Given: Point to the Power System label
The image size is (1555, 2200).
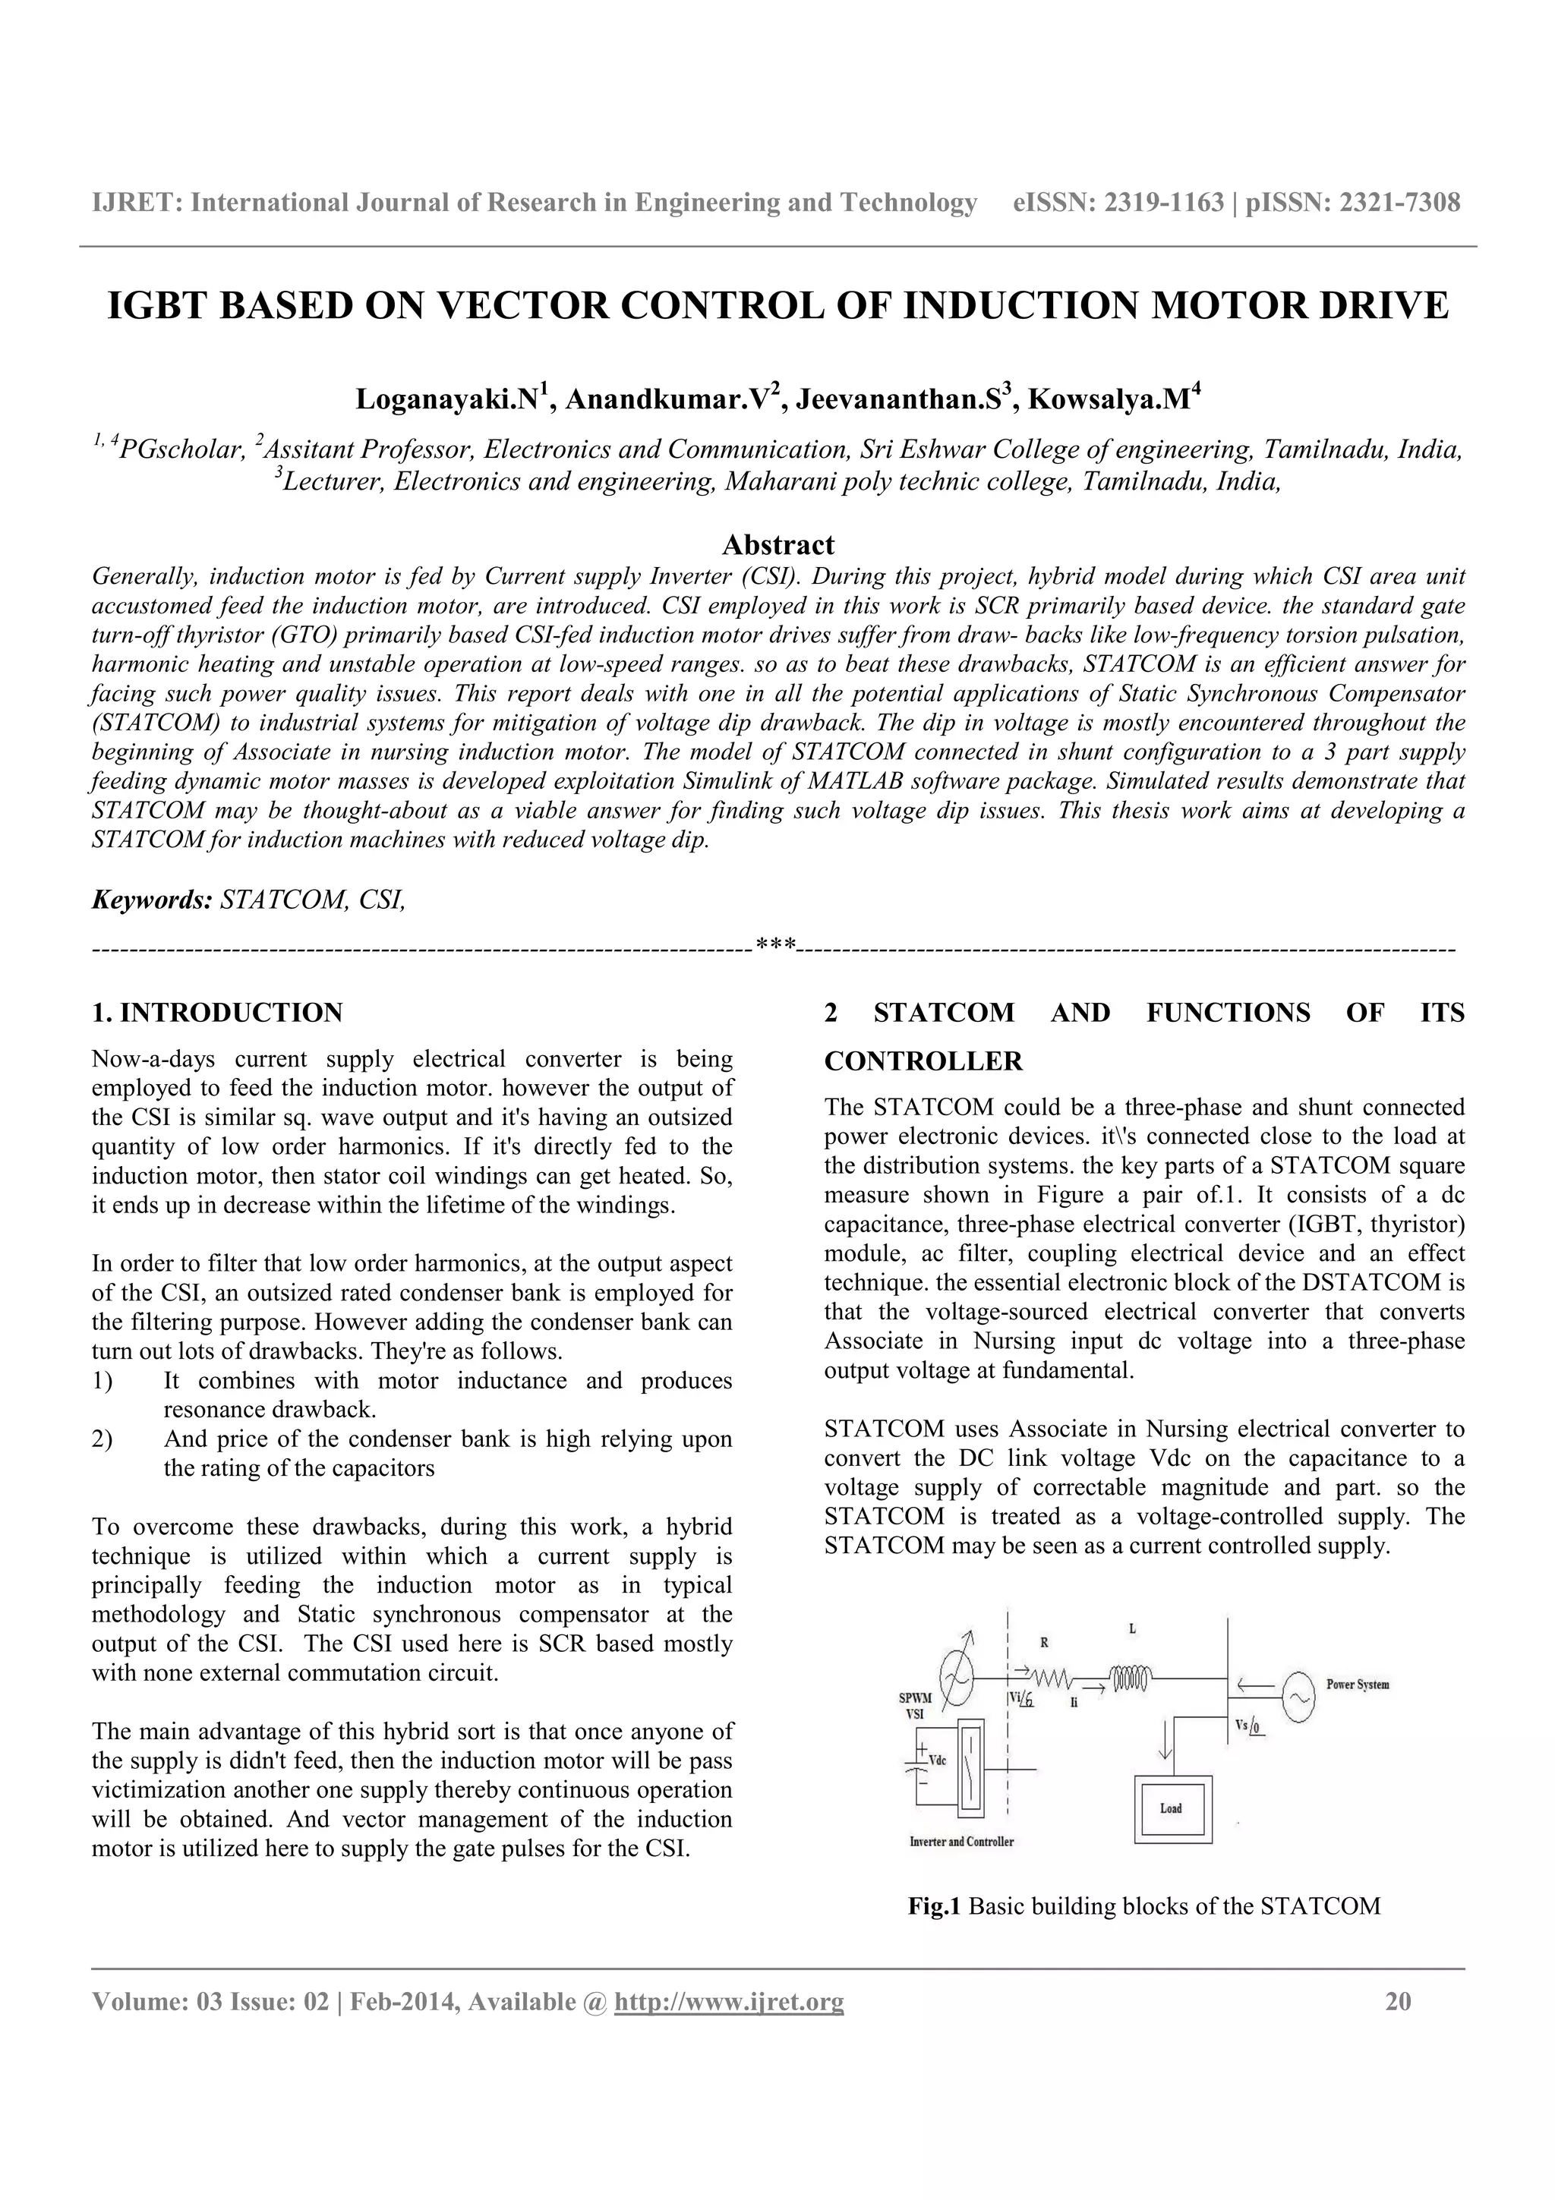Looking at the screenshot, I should [x=1357, y=1684].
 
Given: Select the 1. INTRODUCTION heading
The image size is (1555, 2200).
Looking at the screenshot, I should [x=216, y=1013].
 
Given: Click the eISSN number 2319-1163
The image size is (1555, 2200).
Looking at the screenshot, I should [x=1164, y=202].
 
